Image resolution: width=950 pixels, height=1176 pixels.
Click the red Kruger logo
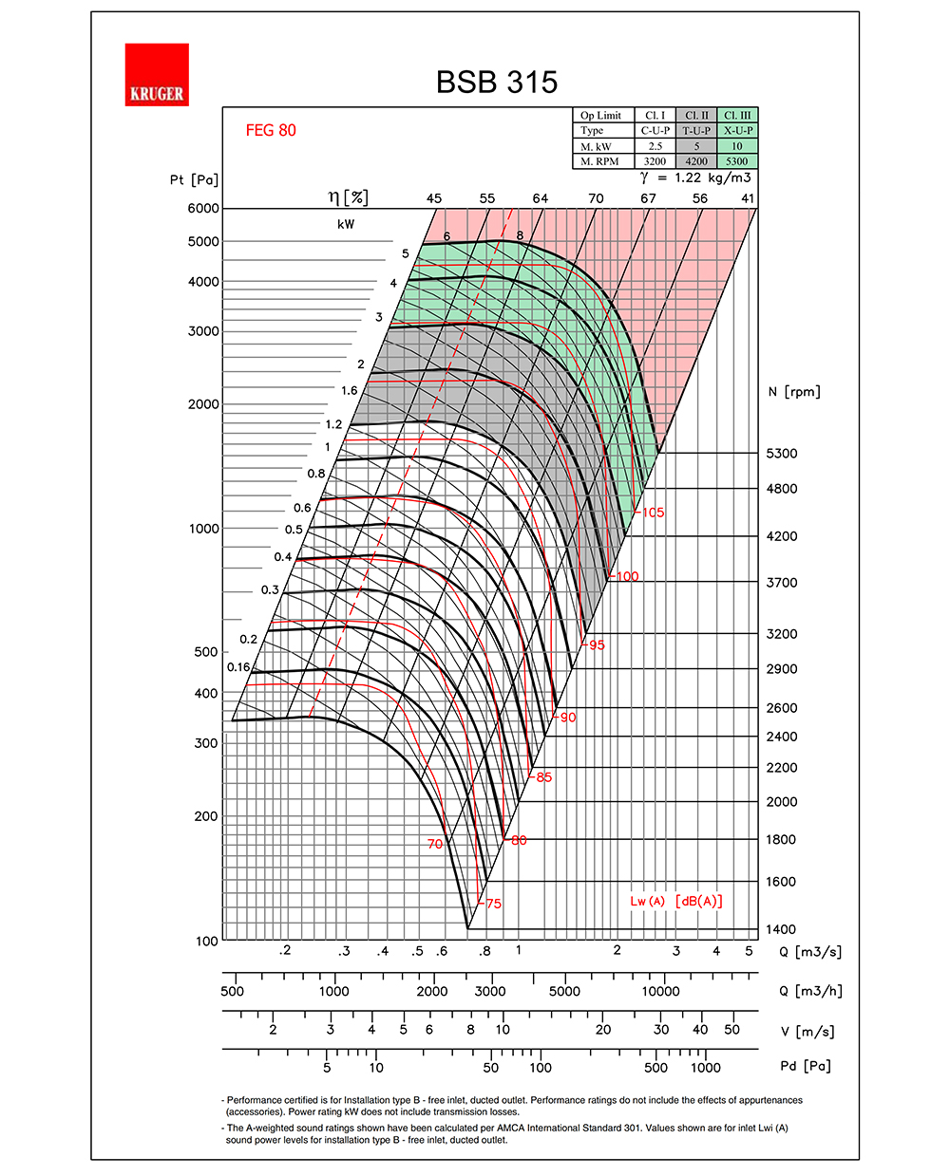coord(157,75)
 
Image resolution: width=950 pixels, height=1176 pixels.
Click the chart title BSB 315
coord(497,83)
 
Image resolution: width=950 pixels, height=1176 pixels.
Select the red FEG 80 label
coord(271,131)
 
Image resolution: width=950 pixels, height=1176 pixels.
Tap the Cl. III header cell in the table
coord(737,116)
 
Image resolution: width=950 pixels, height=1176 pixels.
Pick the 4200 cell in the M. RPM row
coord(696,161)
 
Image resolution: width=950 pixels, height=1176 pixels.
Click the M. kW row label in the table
coord(597,147)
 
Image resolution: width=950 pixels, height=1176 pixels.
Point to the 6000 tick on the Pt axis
coord(203,209)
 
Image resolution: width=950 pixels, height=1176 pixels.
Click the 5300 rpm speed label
coord(782,454)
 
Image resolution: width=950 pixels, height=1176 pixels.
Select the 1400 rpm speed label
coord(782,929)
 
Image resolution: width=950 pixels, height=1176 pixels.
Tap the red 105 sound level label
coord(653,513)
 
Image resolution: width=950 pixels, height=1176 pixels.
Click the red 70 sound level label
coord(435,844)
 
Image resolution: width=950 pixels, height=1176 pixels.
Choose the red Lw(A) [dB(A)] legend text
coord(675,901)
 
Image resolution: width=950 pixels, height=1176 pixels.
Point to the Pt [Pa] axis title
coord(194,179)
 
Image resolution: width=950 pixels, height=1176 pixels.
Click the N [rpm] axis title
coord(794,392)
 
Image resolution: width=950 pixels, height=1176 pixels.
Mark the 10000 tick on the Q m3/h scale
coord(660,991)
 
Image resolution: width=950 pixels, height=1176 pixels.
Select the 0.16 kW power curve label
coord(238,667)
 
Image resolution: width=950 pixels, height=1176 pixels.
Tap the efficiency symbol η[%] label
coord(349,197)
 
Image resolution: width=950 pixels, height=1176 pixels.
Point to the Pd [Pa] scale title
coord(806,1066)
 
